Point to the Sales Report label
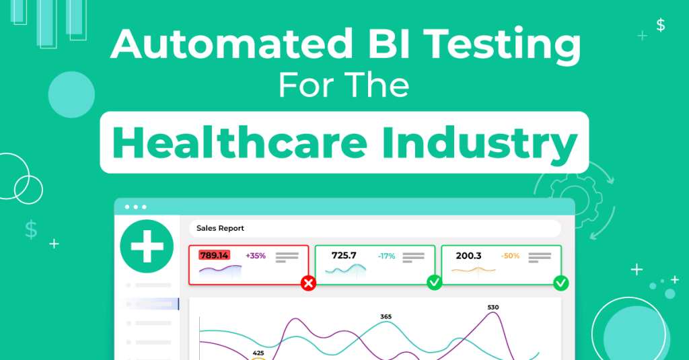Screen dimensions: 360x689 tap(220, 228)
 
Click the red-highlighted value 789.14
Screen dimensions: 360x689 tap(214, 255)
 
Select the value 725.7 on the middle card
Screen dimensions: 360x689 tap(344, 256)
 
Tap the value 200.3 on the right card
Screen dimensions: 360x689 tap(468, 256)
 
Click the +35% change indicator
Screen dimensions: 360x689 tap(256, 256)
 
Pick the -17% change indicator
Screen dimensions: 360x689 tap(386, 256)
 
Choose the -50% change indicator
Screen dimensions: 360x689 tap(510, 256)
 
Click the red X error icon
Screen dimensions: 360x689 tap(308, 283)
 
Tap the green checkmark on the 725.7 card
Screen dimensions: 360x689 tap(435, 283)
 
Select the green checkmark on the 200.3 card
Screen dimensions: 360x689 tap(560, 283)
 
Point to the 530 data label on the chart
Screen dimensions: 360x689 tap(493, 308)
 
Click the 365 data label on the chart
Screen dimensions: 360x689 tap(386, 316)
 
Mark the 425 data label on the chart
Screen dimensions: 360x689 tap(258, 352)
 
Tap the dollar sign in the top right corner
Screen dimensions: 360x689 tap(661, 25)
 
